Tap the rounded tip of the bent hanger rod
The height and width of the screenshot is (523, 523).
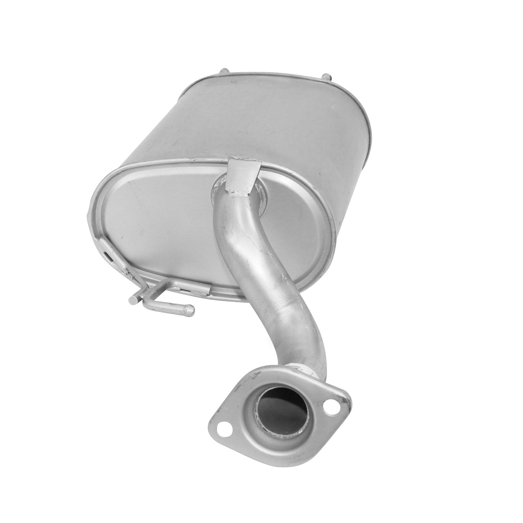[191, 308]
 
